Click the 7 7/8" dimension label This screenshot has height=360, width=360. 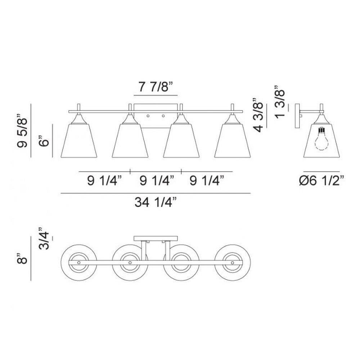tap(155, 87)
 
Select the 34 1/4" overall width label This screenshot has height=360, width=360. tap(156, 202)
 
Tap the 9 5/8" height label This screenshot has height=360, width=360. tap(22, 130)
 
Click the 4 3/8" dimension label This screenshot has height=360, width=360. tap(258, 115)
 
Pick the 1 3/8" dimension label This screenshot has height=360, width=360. tap(280, 102)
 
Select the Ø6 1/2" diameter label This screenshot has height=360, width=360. tap(321, 181)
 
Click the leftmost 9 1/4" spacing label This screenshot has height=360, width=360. tap(104, 181)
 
